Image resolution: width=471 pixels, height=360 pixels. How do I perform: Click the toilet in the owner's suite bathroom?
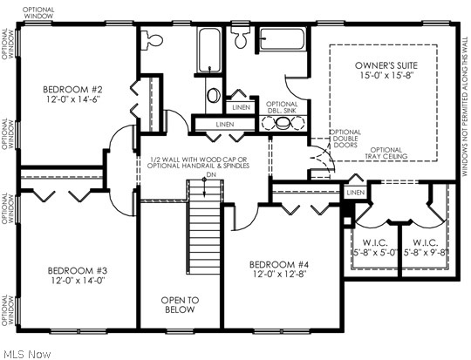coord(240,37)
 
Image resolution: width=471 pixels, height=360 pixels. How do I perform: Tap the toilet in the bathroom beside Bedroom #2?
coord(154,39)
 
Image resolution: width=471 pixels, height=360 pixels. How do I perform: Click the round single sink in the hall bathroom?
coord(214,96)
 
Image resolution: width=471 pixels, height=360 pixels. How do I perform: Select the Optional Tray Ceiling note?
coord(386,154)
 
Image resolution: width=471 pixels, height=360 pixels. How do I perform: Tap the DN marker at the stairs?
coord(209,175)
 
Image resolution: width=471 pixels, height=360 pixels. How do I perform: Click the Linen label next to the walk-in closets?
coord(354,192)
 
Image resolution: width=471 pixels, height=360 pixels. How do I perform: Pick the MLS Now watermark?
coord(26,353)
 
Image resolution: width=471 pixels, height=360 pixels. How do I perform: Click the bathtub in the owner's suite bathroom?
coord(282,39)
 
